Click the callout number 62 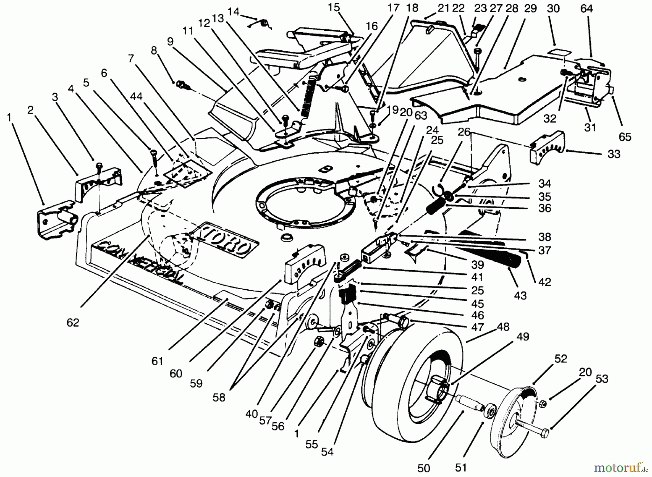[73, 322]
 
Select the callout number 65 [625, 137]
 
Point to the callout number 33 [614, 154]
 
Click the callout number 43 [520, 295]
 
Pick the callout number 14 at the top [234, 12]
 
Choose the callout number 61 [158, 361]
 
